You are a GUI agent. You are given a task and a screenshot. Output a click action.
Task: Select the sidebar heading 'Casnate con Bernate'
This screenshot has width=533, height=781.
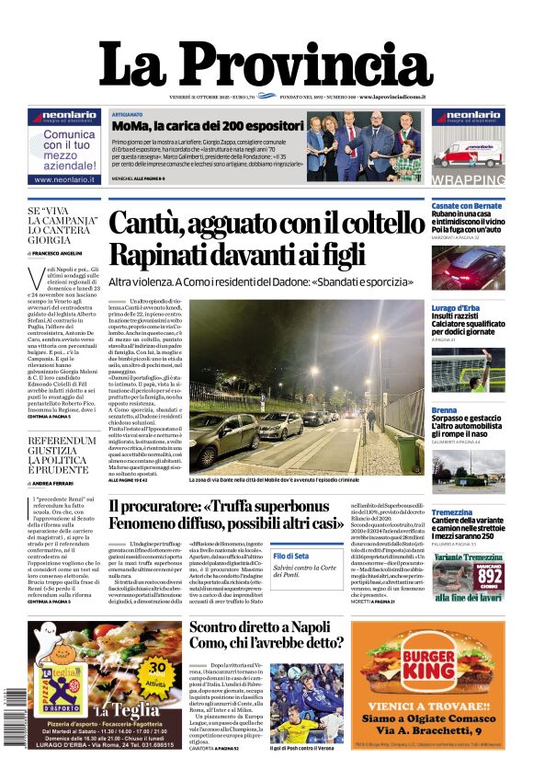467,206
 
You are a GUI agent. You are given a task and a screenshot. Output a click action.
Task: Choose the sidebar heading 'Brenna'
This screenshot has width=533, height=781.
445,409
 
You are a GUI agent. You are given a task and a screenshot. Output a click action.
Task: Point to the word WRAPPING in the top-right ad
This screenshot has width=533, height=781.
468,180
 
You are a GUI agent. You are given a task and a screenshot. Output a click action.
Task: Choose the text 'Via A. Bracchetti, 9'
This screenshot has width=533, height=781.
427,730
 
